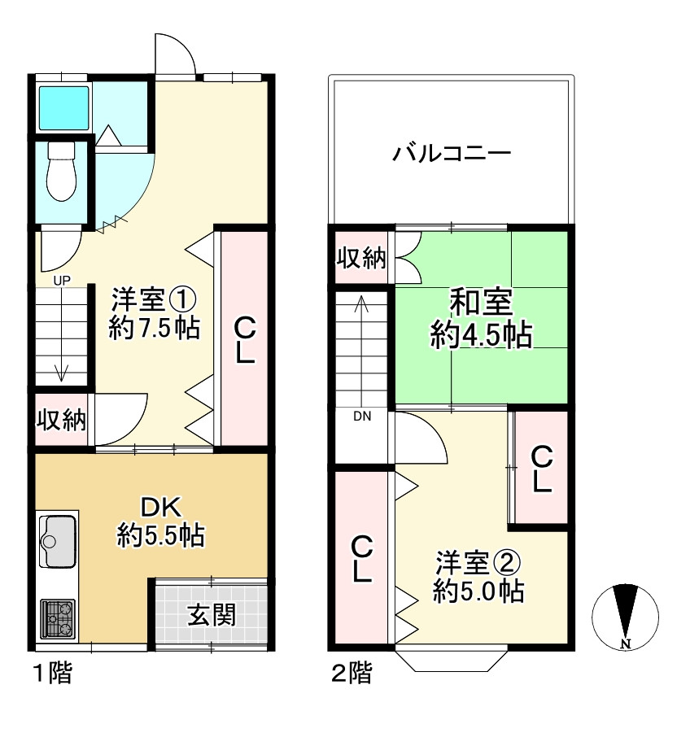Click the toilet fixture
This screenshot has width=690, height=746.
pyautogui.click(x=60, y=172)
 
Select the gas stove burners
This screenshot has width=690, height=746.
pyautogui.click(x=57, y=618)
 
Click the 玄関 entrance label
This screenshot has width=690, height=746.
pyautogui.click(x=212, y=614)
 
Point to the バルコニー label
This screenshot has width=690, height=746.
pyautogui.click(x=451, y=153)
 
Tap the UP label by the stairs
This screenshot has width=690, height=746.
pyautogui.click(x=62, y=281)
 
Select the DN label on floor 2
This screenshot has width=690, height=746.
pyautogui.click(x=362, y=417)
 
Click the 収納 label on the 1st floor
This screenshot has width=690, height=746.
pyautogui.click(x=60, y=420)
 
